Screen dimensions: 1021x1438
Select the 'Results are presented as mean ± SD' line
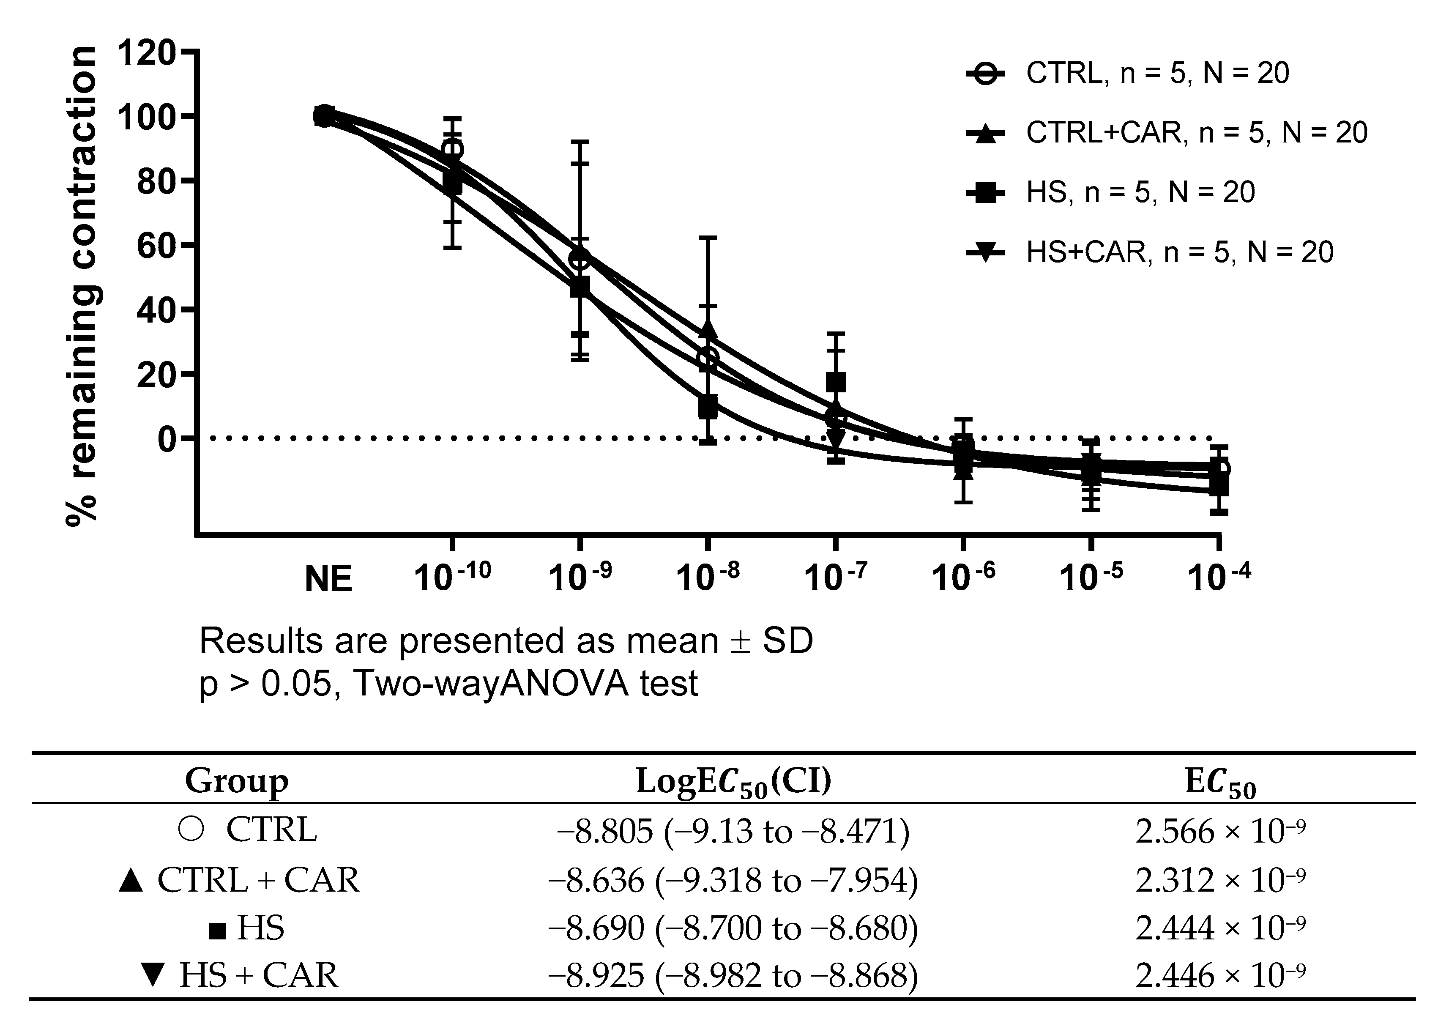[506, 641]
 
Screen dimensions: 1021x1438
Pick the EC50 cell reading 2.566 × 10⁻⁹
[1220, 832]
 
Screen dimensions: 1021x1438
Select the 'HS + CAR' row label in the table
[258, 975]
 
